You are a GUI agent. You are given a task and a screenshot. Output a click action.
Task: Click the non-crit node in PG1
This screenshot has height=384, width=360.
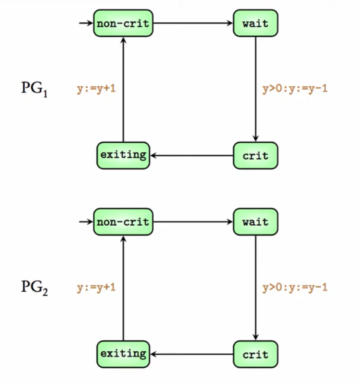click(x=123, y=23)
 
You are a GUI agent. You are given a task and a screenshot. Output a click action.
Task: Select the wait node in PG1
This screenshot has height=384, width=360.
click(x=255, y=23)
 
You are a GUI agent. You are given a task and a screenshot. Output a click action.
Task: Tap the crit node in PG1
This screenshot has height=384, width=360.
click(x=255, y=156)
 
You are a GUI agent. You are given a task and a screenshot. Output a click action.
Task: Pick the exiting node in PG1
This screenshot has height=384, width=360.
click(x=123, y=155)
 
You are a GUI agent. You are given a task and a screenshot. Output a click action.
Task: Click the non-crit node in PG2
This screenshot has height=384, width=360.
click(x=123, y=222)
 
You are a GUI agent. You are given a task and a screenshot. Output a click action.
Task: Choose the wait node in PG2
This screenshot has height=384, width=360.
click(x=255, y=222)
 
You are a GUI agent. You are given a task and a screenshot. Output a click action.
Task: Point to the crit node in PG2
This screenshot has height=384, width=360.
click(x=255, y=354)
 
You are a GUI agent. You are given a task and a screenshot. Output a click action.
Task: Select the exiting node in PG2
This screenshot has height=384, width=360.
click(x=123, y=354)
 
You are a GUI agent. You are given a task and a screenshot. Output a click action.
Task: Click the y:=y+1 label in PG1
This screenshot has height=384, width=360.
click(x=96, y=89)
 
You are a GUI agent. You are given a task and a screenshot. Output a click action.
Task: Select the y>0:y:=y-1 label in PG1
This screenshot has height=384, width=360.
click(x=295, y=89)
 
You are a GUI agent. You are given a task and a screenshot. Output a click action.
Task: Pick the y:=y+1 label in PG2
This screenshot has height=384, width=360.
click(x=96, y=288)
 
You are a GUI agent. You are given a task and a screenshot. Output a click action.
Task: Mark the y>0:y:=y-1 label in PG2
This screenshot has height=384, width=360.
click(x=295, y=288)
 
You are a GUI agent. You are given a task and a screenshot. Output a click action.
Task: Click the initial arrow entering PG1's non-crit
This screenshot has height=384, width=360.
click(x=86, y=23)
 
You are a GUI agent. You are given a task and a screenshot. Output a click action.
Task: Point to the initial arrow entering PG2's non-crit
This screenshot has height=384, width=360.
click(x=86, y=222)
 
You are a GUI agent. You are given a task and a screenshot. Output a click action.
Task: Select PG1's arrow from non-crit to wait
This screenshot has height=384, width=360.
click(x=193, y=23)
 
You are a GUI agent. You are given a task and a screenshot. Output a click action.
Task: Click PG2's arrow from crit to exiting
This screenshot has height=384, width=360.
click(x=192, y=354)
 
